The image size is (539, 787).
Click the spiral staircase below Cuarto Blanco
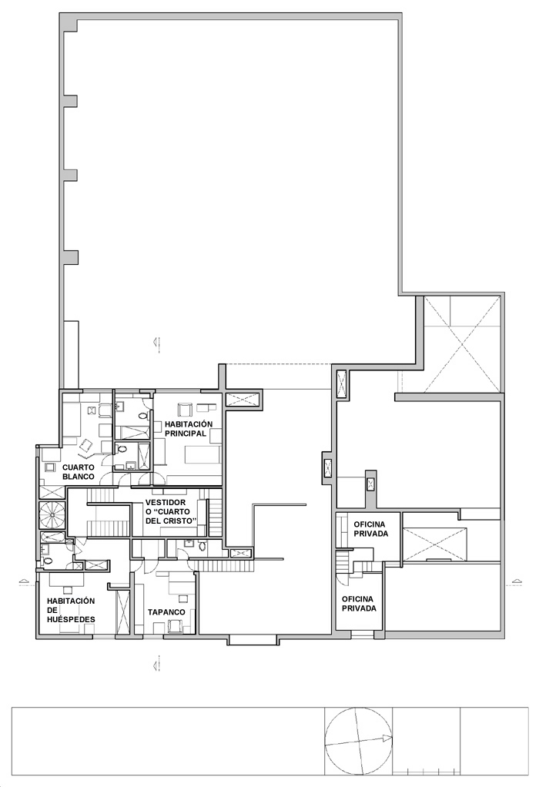click(x=52, y=514)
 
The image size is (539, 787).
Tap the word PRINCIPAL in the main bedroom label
click(x=186, y=434)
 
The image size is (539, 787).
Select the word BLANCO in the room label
click(x=79, y=477)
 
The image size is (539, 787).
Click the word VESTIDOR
click(x=165, y=502)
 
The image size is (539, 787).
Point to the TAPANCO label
click(x=166, y=612)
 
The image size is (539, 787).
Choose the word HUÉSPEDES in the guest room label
click(x=71, y=619)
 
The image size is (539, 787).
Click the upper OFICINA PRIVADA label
click(x=371, y=529)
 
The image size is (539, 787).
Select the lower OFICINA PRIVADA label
click(x=359, y=604)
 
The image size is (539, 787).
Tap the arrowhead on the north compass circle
click(x=387, y=738)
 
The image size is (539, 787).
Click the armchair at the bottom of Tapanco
click(x=176, y=626)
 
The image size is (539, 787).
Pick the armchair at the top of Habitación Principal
click(x=186, y=410)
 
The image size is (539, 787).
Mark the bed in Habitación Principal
click(x=203, y=455)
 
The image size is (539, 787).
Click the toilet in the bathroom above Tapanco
click(x=203, y=546)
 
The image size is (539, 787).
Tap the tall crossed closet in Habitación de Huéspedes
click(x=122, y=613)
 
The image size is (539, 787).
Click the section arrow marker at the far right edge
click(x=514, y=582)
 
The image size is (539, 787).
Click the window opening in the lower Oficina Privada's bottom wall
click(x=360, y=635)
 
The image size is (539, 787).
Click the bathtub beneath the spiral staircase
click(x=52, y=537)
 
